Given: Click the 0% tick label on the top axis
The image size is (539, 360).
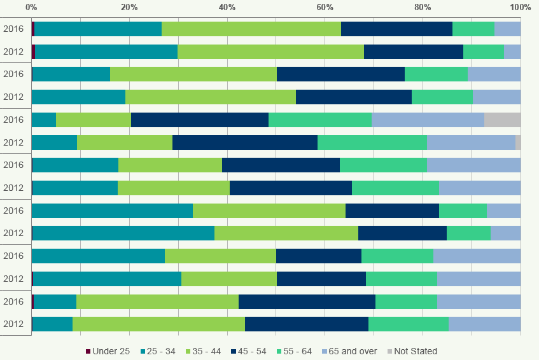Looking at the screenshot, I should [31, 7].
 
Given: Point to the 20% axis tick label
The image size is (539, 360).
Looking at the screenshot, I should [129, 7].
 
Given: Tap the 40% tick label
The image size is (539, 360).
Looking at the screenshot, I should [227, 7].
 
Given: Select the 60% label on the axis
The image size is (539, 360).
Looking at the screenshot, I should [325, 7].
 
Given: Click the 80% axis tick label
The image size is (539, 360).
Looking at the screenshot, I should [423, 7].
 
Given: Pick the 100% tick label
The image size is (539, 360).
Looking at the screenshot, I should [520, 7].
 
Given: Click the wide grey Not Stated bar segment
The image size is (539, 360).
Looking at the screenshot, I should [502, 120].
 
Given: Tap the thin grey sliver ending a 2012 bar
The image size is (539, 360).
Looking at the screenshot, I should [518, 142].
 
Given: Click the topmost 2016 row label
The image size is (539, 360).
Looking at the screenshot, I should [13, 29].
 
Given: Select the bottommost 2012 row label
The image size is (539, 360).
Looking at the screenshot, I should [13, 324].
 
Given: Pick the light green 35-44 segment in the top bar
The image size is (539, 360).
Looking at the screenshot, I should [251, 29].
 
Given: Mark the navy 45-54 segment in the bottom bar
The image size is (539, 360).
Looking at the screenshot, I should [306, 324].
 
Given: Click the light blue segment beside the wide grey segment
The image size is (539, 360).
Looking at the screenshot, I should [428, 120].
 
